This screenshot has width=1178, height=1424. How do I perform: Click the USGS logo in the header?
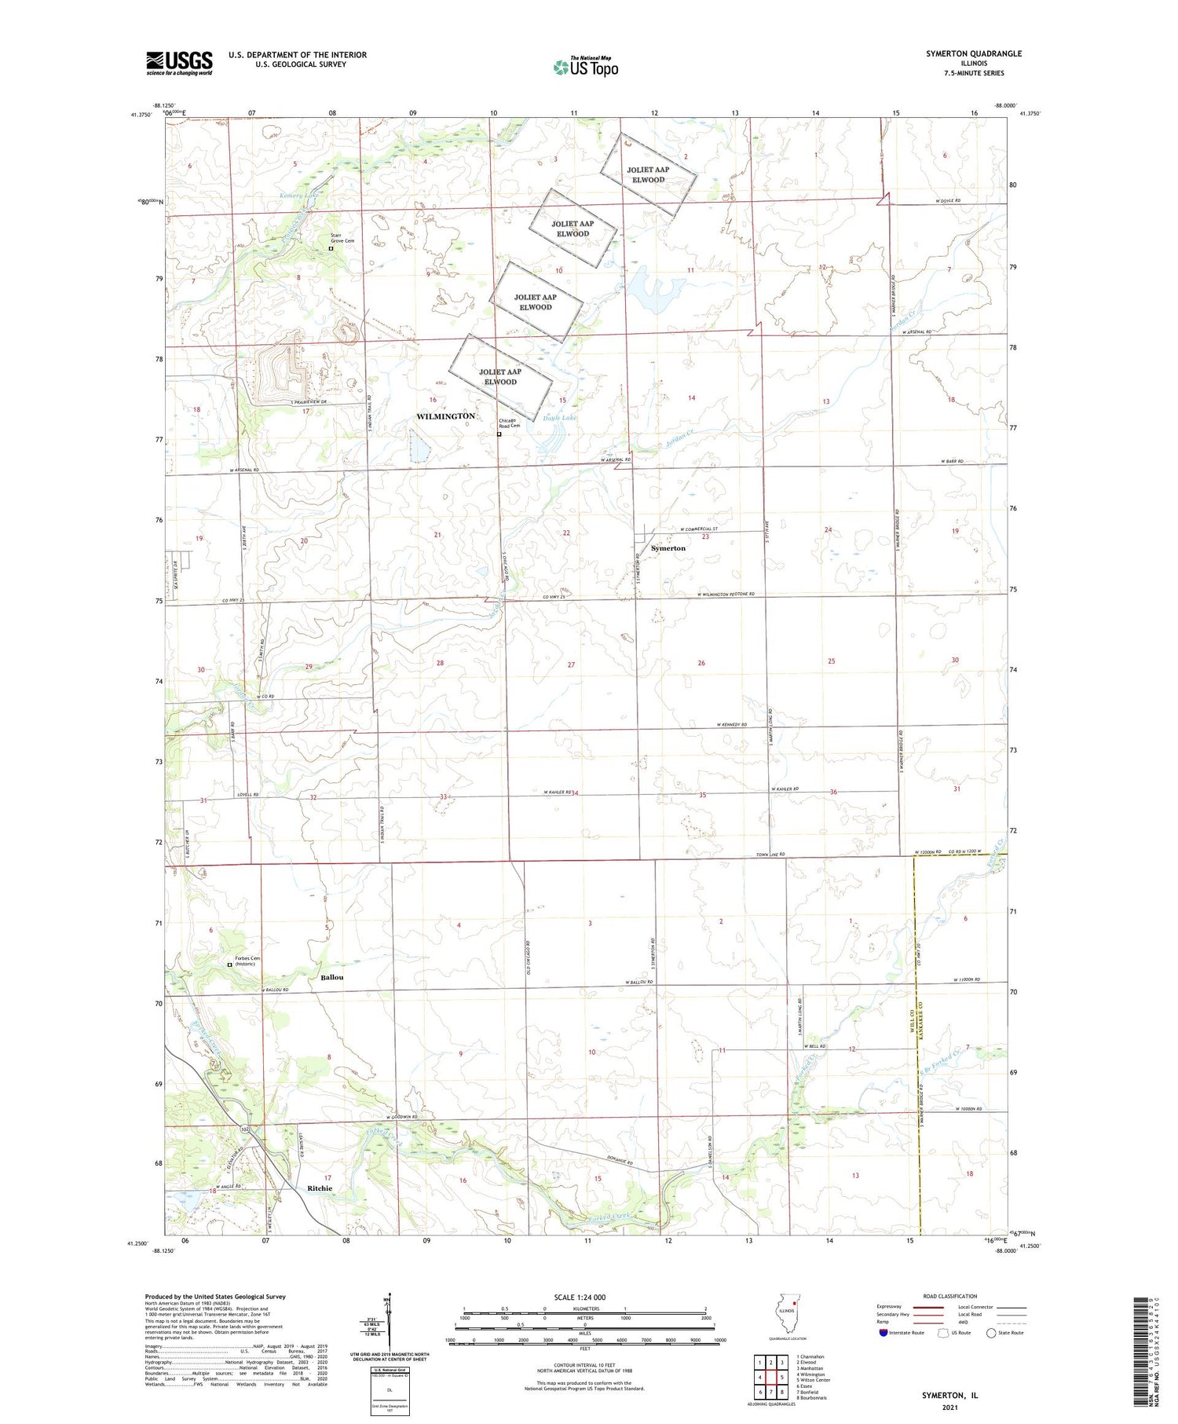[179, 63]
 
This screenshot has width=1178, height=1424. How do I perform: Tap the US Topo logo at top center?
[585, 67]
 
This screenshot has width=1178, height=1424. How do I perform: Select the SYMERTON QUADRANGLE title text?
[974, 53]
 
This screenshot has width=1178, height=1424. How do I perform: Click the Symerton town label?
[668, 548]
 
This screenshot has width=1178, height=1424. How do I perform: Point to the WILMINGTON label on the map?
[445, 416]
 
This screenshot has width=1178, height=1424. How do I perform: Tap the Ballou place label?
[332, 977]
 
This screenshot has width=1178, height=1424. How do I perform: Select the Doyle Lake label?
[559, 418]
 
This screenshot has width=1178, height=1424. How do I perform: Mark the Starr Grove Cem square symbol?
[331, 248]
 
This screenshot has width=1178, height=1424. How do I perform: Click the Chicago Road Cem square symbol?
[499, 434]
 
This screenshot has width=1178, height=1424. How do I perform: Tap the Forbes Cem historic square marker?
[229, 965]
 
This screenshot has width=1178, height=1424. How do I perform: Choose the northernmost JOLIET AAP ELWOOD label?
[648, 174]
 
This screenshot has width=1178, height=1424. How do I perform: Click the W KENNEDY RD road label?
[731, 724]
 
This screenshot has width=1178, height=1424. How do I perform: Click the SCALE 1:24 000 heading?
[580, 1297]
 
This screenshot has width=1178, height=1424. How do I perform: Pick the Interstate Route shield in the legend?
[883, 1333]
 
